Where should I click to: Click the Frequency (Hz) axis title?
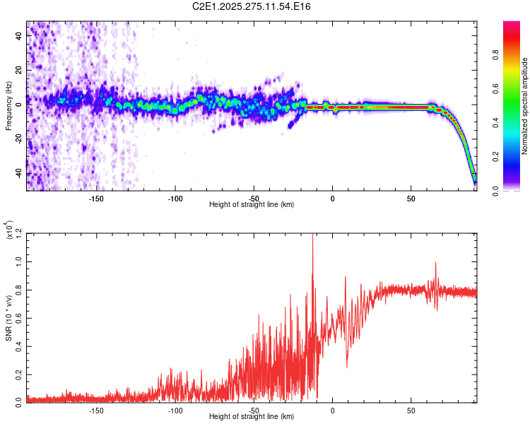click(9, 106)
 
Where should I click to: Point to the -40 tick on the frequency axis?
click(17, 172)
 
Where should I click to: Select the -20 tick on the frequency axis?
click(17, 139)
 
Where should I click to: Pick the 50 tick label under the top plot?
click(411, 199)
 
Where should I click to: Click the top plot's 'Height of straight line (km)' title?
click(252, 205)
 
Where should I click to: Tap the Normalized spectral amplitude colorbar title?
click(525, 106)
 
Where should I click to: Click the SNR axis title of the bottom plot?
click(9, 318)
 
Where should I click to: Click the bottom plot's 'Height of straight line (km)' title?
click(252, 417)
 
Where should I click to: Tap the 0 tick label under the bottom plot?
click(333, 411)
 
